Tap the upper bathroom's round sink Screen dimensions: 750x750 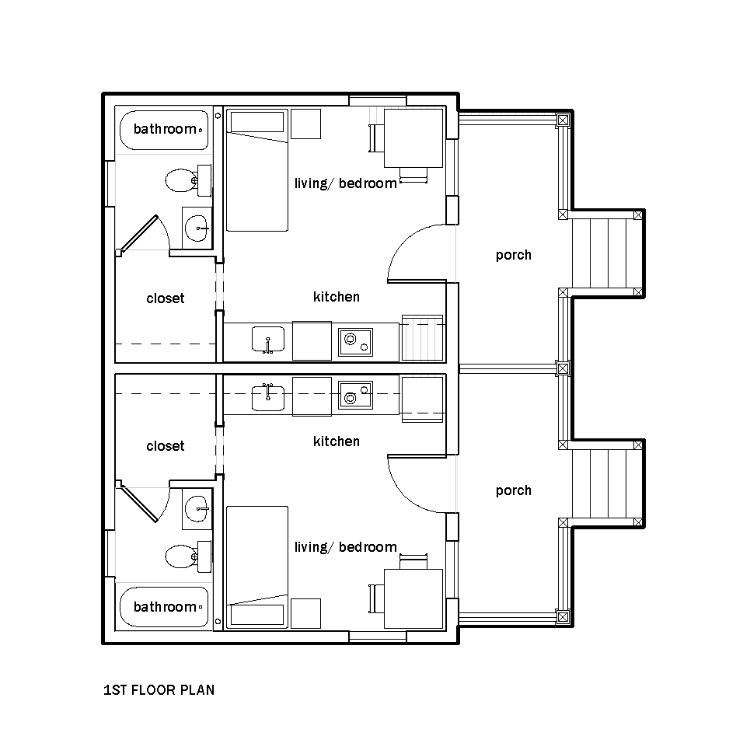pyautogui.click(x=197, y=228)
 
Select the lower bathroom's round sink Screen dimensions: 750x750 pyautogui.click(x=197, y=508)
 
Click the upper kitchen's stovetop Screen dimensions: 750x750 pyautogui.click(x=355, y=342)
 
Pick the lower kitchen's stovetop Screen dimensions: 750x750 pyautogui.click(x=355, y=395)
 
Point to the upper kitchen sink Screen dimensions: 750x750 pyautogui.click(x=268, y=340)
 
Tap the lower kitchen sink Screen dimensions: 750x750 pyautogui.click(x=268, y=397)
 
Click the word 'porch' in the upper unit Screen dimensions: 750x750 pyautogui.click(x=513, y=256)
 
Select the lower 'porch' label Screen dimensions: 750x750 pyautogui.click(x=513, y=490)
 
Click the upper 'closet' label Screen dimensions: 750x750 pyautogui.click(x=165, y=298)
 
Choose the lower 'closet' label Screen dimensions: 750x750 pyautogui.click(x=165, y=446)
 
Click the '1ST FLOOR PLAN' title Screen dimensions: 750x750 pyautogui.click(x=159, y=689)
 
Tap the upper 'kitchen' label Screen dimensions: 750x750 pyautogui.click(x=337, y=297)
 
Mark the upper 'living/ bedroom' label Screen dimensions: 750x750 pyautogui.click(x=345, y=183)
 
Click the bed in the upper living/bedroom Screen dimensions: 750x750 pyautogui.click(x=257, y=170)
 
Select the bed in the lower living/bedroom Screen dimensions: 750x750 pyautogui.click(x=257, y=567)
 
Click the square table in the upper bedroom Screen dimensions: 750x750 pyautogui.click(x=413, y=138)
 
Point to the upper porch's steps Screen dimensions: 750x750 pyautogui.click(x=608, y=253)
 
